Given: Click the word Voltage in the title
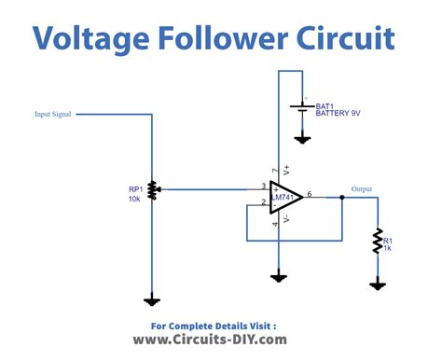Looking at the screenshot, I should [89, 38].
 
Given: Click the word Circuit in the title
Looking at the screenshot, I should [341, 38].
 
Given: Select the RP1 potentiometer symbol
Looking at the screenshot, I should [152, 189].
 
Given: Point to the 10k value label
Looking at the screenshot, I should [136, 200].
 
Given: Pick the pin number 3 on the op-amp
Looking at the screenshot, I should [265, 186].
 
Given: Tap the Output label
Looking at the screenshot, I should [361, 189].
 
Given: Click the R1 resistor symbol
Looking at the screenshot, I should [379, 240].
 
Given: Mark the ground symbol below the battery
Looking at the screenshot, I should [302, 139].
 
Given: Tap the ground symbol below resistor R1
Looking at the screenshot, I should [379, 284].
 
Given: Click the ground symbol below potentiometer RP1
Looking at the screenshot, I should [152, 299].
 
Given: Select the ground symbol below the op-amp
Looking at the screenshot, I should [278, 276].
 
